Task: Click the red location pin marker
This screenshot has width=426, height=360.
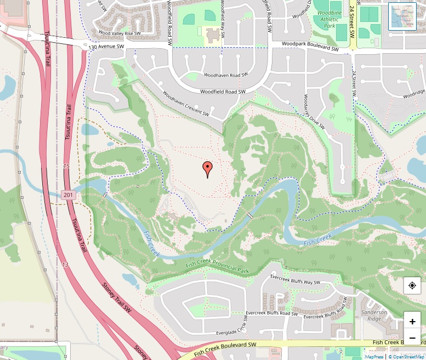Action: (x=207, y=169)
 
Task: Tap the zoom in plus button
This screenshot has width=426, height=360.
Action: (x=412, y=322)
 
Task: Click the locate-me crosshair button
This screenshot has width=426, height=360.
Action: (x=412, y=285)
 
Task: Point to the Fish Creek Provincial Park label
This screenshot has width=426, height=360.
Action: (x=217, y=267)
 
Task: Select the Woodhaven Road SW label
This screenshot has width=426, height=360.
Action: (x=225, y=75)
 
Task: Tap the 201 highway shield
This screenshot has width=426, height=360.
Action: (x=67, y=195)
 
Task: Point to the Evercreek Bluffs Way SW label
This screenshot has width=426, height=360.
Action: (x=295, y=279)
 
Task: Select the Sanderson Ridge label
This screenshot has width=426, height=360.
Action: (x=374, y=316)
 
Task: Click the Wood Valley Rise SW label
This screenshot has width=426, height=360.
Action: (x=119, y=33)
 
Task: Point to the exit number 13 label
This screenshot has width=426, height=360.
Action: (x=65, y=265)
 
